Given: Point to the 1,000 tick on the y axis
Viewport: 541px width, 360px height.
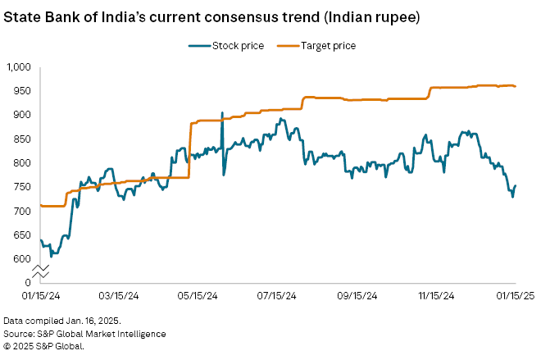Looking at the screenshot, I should (18, 66).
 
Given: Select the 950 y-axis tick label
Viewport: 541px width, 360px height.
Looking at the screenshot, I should (22, 90).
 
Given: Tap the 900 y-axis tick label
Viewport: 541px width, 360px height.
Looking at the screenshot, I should (22, 115).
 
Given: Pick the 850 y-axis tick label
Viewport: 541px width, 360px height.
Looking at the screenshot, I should (22, 139).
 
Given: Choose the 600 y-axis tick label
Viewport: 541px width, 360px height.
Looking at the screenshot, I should (22, 259).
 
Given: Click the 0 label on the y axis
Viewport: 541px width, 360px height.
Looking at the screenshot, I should (27, 283).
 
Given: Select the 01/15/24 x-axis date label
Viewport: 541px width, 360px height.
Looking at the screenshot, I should (39, 296).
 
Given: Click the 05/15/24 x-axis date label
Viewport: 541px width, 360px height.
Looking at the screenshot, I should (198, 296).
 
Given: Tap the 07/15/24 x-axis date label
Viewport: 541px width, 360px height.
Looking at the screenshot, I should (277, 296).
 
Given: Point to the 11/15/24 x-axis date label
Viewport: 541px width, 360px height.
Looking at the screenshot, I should (435, 296).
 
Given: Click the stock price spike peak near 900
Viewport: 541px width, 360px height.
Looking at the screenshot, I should (222, 113).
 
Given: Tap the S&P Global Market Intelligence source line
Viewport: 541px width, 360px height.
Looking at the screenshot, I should (84, 334).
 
